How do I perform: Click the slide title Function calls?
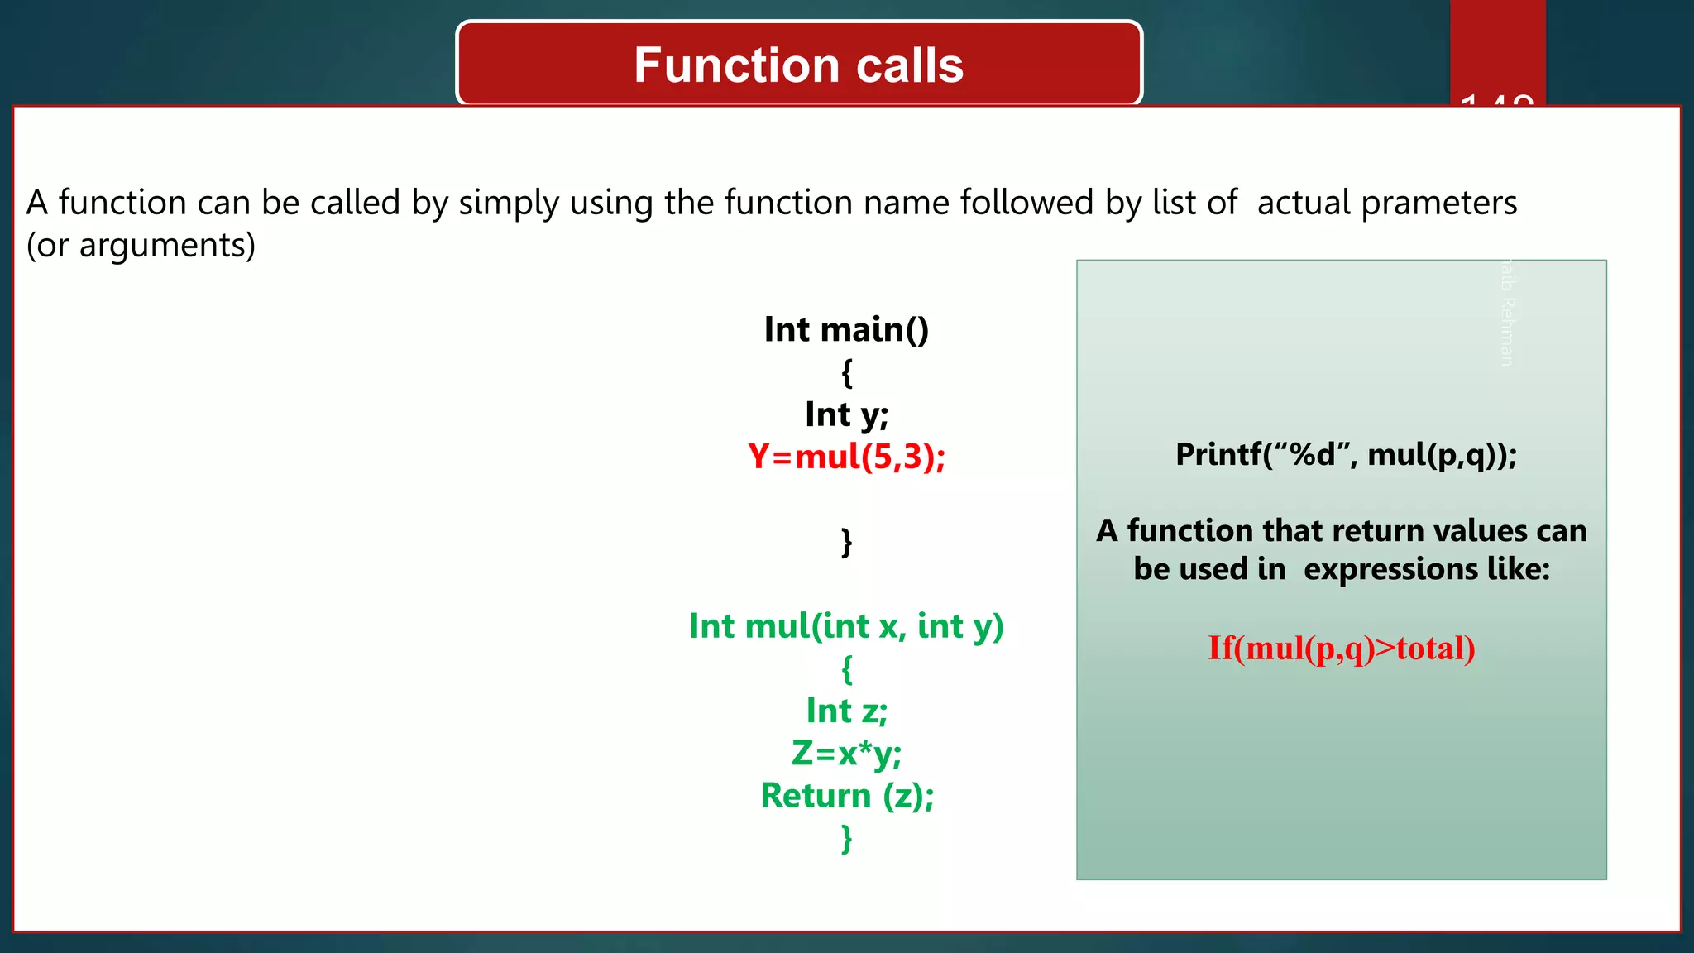click(798, 65)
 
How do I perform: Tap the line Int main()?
click(846, 329)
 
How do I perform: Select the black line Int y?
click(846, 414)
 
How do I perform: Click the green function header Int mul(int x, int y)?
click(846, 626)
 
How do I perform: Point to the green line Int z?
click(846, 711)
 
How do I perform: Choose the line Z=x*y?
click(846, 754)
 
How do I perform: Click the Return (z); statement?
click(846, 796)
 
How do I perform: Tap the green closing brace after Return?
click(846, 838)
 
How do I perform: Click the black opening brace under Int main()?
click(846, 372)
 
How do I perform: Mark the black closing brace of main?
click(846, 542)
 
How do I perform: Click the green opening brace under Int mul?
click(846, 668)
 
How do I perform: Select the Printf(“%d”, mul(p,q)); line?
click(1346, 455)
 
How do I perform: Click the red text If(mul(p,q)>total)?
click(1341, 648)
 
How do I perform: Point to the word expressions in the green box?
click(1390, 569)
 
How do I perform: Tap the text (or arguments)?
click(141, 246)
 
